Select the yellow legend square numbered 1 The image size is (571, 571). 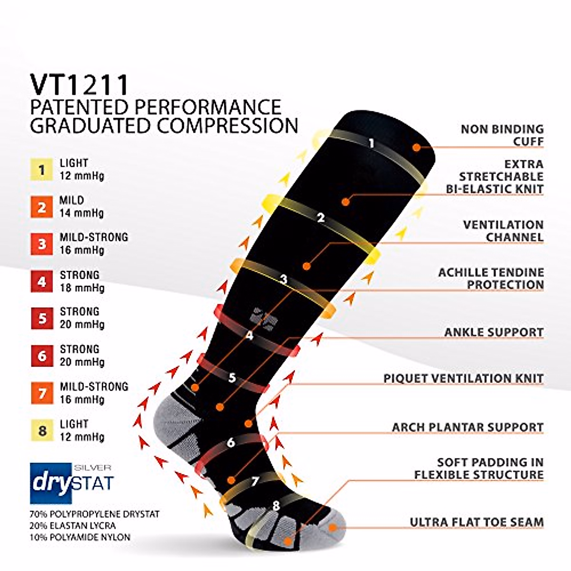pos(42,170)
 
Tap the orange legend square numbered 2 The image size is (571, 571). pos(42,207)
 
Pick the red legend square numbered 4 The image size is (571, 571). pos(42,282)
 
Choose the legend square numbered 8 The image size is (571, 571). pos(42,431)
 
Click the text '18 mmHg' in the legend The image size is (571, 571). pos(82,288)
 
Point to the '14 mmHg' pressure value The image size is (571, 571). pos(81,213)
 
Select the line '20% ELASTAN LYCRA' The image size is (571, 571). pos(73,526)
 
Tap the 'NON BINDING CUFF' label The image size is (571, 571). pos(502,135)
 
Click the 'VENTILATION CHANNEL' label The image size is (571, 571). pos(503,231)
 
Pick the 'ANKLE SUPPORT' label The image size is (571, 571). pos(493,332)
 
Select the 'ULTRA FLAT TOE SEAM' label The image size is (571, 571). pos(476,522)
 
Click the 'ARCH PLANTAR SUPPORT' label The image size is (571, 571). pos(467,427)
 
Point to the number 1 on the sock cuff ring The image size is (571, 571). pos(372,143)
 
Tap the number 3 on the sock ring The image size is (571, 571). pos(284,280)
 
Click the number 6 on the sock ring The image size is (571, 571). pos(231,443)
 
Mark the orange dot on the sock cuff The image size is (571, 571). pos(416,148)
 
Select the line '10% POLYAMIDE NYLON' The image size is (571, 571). pos(79,537)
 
